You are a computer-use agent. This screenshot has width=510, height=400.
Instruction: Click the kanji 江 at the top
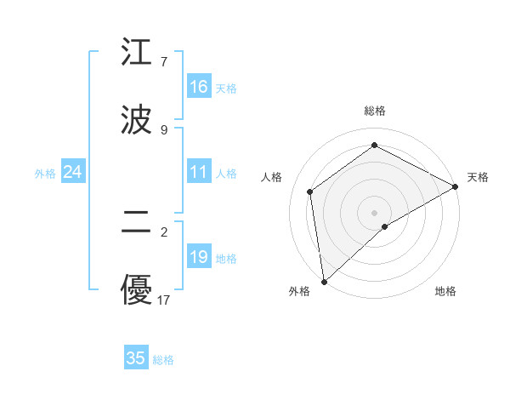[136, 53]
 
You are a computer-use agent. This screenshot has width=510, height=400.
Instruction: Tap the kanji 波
[136, 120]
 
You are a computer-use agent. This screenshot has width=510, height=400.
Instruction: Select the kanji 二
[136, 223]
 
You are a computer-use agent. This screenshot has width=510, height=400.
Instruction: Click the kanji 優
[136, 290]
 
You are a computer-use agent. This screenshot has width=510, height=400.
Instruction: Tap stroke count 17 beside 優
[163, 300]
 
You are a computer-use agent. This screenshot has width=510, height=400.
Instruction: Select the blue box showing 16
[199, 87]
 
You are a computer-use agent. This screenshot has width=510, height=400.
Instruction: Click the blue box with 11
[199, 172]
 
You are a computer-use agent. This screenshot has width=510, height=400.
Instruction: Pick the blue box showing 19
[199, 257]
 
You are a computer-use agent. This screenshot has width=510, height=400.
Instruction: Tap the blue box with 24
[72, 172]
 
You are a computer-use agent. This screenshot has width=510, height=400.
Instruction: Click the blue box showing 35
[136, 358]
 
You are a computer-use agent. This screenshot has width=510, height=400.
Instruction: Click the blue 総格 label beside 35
[163, 360]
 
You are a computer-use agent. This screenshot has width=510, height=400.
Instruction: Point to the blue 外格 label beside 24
[45, 174]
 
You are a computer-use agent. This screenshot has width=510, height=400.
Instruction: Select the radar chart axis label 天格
[478, 177]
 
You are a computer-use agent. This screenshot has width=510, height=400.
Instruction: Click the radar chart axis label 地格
[445, 291]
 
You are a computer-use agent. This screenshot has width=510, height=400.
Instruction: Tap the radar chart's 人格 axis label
[272, 177]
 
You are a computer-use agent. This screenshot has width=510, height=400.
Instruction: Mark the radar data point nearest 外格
[324, 281]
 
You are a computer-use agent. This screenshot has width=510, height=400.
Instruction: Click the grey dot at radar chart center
[374, 212]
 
